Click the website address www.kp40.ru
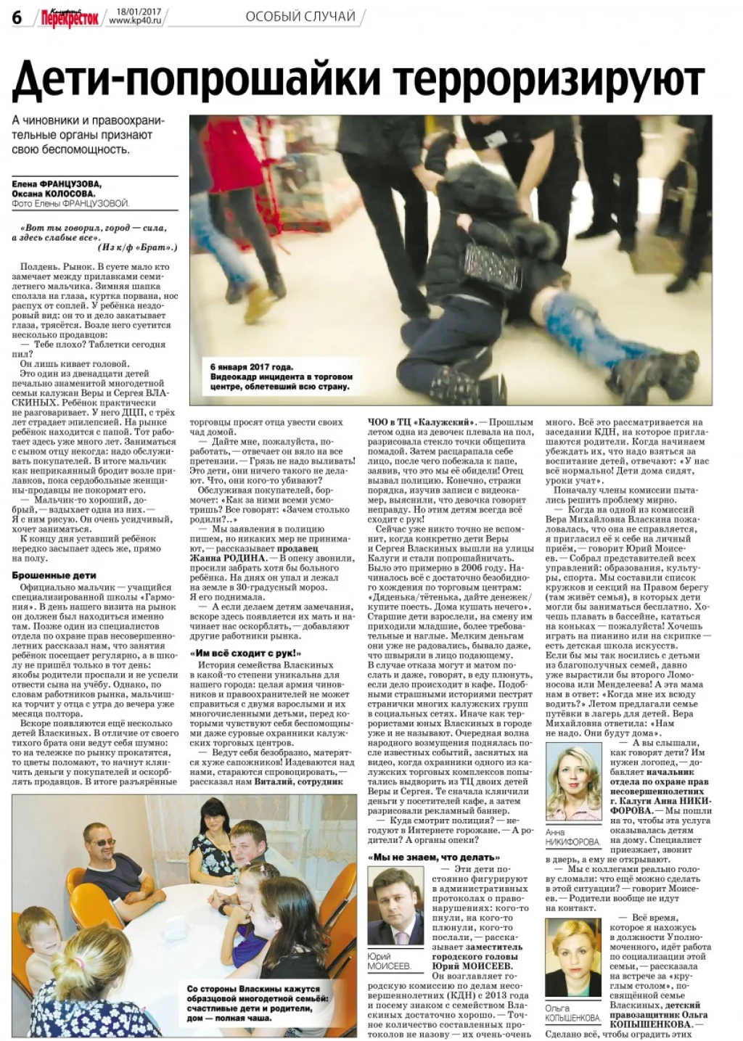pyautogui.click(x=136, y=21)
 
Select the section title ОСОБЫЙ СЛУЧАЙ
pyautogui.click(x=300, y=17)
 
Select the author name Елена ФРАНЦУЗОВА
pyautogui.click(x=57, y=184)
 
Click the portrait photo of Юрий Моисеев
pyautogui.click(x=395, y=906)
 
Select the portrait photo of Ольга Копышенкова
pyautogui.click(x=572, y=958)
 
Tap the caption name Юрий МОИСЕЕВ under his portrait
pyautogui.click(x=390, y=962)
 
